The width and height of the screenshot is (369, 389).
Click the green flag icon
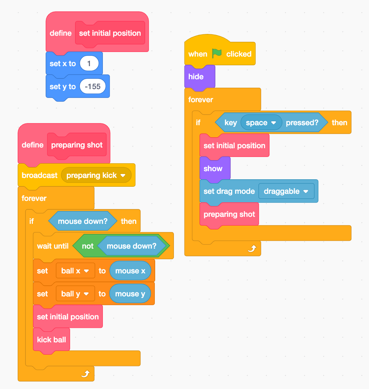(x=217, y=53)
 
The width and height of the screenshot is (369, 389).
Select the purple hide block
(x=196, y=77)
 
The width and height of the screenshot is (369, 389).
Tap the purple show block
(x=213, y=169)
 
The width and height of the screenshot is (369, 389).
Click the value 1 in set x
(x=89, y=64)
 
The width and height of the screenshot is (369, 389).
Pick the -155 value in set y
(x=93, y=87)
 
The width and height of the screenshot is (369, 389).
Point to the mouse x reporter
(x=130, y=271)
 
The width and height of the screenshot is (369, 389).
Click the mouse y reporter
(x=130, y=294)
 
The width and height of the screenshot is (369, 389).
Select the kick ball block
(x=51, y=340)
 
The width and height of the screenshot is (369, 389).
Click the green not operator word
(x=88, y=246)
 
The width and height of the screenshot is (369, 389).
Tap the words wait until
(x=53, y=246)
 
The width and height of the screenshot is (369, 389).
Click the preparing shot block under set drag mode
(x=229, y=214)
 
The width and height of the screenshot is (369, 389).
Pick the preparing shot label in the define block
(x=77, y=145)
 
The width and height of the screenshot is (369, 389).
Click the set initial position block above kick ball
(x=68, y=317)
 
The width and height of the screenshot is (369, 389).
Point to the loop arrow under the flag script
(x=252, y=249)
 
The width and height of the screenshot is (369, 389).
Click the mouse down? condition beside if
(x=82, y=221)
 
